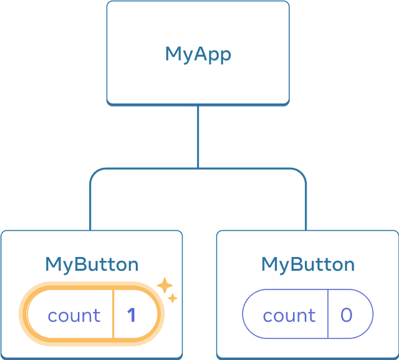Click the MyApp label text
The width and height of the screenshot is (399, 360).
coord(198,54)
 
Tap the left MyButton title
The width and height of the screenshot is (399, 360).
coord(92,264)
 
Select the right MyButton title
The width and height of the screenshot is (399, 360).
coord(307,264)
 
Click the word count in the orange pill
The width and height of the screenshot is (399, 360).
coord(74,316)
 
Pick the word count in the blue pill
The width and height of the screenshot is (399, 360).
coord(289,316)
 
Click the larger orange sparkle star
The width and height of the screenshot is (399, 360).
coord(165,286)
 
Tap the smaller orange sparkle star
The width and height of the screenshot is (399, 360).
coord(173,299)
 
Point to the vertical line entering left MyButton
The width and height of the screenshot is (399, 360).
coord(91,209)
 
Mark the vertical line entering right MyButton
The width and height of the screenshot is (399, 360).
coord(307,209)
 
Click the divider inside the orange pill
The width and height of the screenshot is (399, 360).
coord(113,314)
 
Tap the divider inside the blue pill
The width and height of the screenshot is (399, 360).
coord(328,314)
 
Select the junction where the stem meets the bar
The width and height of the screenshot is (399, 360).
coord(198,168)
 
